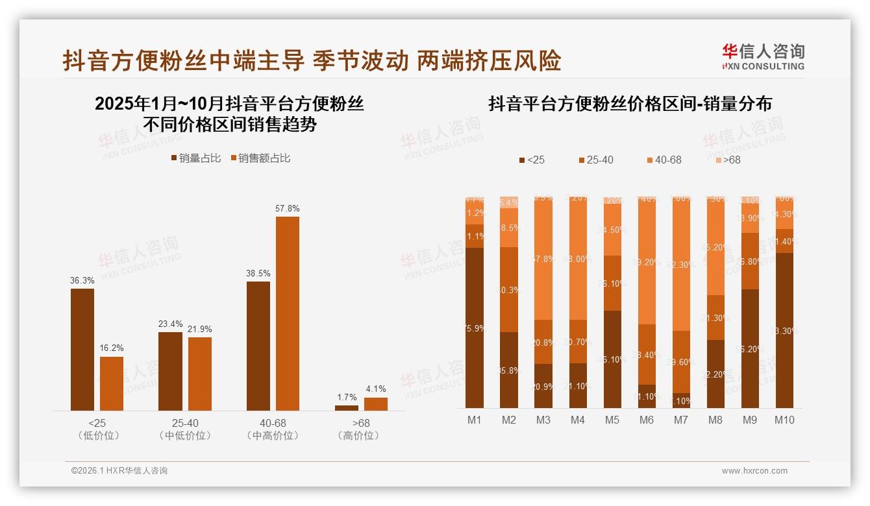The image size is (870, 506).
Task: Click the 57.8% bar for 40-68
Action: (288, 313)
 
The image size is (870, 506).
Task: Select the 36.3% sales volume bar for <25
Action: (82, 350)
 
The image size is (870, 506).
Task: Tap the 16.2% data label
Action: (112, 348)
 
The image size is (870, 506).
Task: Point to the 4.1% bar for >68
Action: (375, 404)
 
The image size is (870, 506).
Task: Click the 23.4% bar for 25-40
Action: (170, 371)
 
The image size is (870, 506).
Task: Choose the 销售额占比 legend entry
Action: (260, 158)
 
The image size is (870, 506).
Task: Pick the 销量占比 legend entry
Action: (196, 158)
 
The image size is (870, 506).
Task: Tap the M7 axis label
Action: (680, 420)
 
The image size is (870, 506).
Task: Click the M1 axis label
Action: (475, 420)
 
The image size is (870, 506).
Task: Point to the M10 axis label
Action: (784, 420)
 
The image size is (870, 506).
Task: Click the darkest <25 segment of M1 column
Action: (475, 328)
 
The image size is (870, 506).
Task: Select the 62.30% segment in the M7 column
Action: (680, 265)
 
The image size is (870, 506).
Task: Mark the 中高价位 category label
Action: (273, 436)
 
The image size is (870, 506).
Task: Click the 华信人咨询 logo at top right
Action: (763, 56)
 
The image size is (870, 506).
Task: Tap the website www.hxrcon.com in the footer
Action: (754, 471)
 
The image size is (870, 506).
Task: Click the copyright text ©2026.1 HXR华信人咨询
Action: (119, 471)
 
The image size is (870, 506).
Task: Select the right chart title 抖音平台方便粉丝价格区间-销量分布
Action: (630, 104)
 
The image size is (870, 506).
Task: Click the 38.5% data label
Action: (258, 274)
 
